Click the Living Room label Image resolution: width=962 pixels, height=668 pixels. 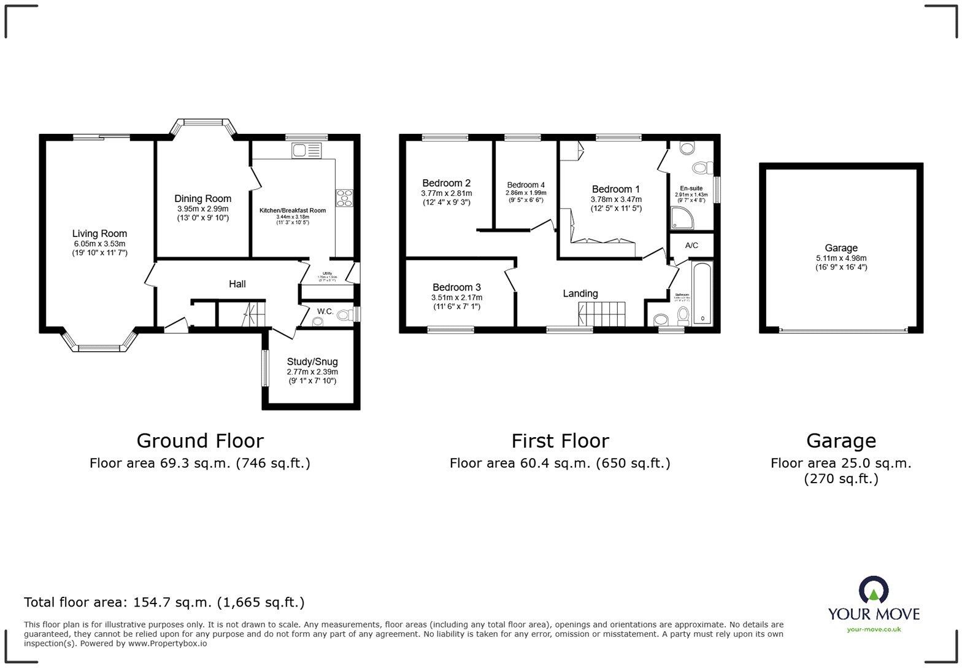[x=99, y=233]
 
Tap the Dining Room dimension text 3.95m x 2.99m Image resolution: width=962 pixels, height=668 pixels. [x=202, y=209]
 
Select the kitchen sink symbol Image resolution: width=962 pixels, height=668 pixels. [x=307, y=150]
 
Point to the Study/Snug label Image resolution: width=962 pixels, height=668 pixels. [x=312, y=362]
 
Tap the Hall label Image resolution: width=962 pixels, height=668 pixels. [x=237, y=284]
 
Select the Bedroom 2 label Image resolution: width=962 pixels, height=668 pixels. [x=446, y=183]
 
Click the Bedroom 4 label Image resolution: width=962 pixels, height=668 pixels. [x=526, y=185]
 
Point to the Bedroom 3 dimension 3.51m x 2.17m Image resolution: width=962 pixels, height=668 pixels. [x=456, y=298]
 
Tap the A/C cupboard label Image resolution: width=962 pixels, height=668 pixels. [x=691, y=246]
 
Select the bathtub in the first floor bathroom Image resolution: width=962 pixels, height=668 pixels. [x=701, y=295]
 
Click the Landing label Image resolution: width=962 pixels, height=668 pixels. [x=580, y=293]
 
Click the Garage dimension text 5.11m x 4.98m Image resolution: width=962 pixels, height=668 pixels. [x=841, y=258]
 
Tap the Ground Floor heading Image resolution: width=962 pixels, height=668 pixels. [x=199, y=441]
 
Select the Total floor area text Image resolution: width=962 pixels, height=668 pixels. [x=164, y=602]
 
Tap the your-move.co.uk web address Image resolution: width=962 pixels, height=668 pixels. [x=874, y=629]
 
